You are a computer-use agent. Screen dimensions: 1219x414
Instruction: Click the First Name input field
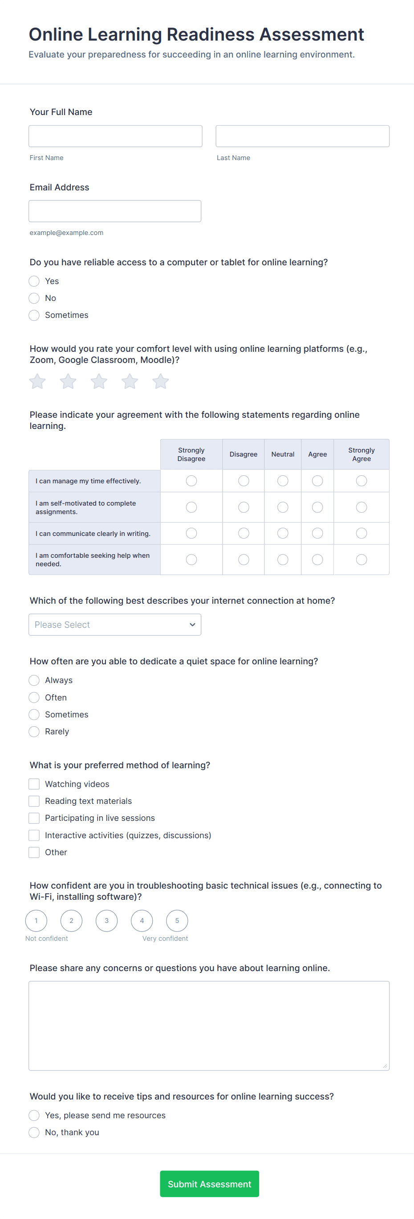(x=115, y=136)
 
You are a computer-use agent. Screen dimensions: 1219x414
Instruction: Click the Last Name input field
(x=302, y=136)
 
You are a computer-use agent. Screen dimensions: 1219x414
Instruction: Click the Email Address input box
(x=115, y=211)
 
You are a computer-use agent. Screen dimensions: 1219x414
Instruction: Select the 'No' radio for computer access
(x=34, y=298)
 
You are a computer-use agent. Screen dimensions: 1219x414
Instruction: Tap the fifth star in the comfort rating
(x=161, y=381)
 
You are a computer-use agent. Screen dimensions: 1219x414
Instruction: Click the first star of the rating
(x=37, y=381)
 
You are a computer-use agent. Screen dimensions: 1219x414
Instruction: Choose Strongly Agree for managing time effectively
(x=361, y=481)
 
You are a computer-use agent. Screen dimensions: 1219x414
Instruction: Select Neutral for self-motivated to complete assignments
(x=283, y=507)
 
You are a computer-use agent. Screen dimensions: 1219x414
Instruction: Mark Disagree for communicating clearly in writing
(x=244, y=533)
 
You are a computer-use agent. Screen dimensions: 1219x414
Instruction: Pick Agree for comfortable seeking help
(x=317, y=560)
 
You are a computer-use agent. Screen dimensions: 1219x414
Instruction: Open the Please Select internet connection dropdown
(x=115, y=625)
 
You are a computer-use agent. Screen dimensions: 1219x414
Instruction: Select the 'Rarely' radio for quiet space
(x=34, y=732)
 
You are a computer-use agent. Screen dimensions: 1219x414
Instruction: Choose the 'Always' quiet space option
(x=34, y=680)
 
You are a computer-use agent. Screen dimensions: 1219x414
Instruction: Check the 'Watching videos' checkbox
(x=34, y=784)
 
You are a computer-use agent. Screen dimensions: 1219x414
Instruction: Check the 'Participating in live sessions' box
(x=34, y=818)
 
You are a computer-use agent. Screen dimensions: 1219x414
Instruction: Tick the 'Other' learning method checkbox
(x=34, y=852)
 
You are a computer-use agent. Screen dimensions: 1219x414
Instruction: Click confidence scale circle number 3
(x=107, y=921)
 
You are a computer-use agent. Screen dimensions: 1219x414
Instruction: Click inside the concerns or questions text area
(x=209, y=1025)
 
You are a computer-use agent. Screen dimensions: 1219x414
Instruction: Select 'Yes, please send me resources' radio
(x=34, y=1116)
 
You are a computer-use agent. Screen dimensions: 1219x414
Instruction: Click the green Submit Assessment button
(x=209, y=1184)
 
